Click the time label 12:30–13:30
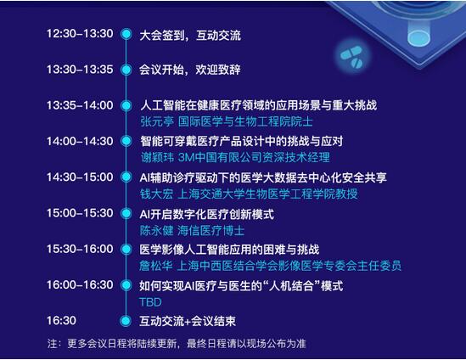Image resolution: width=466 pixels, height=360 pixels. [x=80, y=34]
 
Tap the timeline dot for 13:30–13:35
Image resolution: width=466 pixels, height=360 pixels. [x=126, y=70]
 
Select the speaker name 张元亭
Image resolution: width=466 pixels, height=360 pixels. [x=157, y=121]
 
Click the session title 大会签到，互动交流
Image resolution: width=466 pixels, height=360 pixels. [x=190, y=36]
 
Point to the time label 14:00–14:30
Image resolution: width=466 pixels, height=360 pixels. [x=80, y=141]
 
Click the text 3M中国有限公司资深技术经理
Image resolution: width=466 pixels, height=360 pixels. [x=254, y=158]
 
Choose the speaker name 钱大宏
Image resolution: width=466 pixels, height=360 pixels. [x=156, y=194]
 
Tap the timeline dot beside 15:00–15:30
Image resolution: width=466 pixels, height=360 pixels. [x=126, y=213]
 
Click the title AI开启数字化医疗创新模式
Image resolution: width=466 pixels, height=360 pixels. [x=206, y=214]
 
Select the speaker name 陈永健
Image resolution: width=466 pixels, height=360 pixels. [x=156, y=231]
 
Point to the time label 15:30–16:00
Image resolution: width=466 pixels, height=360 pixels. [x=80, y=249]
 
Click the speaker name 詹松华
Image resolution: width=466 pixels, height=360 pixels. [x=155, y=266]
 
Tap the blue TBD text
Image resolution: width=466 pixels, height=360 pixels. [x=151, y=302]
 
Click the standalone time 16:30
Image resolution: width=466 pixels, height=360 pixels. [x=61, y=320]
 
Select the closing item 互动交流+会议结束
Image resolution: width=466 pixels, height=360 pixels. [x=188, y=321]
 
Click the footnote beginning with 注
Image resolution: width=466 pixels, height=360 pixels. [x=177, y=344]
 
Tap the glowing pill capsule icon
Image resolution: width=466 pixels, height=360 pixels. [x=351, y=57]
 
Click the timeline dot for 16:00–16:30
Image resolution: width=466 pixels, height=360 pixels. [x=126, y=285]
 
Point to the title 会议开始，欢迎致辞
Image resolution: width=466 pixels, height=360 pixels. [x=190, y=70]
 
